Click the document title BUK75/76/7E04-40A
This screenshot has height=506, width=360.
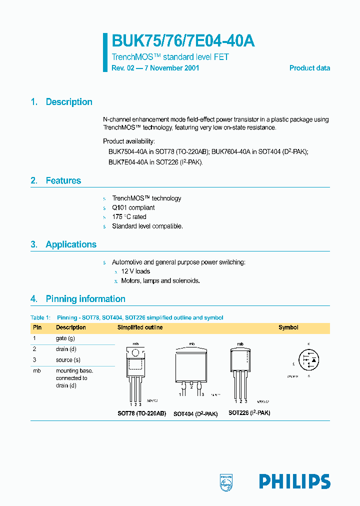pyautogui.click(x=183, y=41)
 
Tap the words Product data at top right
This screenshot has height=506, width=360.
pyautogui.click(x=309, y=68)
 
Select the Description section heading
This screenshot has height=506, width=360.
pyautogui.click(x=69, y=102)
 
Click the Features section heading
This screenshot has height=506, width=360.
pyautogui.click(x=63, y=180)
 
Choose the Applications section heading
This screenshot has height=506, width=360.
pyautogui.click(x=71, y=244)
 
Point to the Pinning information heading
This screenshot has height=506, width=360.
pyautogui.click(x=85, y=299)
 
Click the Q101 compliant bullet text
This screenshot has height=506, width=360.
pyautogui.click(x=133, y=207)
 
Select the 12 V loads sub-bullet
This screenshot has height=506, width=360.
pyautogui.click(x=135, y=271)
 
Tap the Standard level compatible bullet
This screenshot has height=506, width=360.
pyautogui.click(x=147, y=226)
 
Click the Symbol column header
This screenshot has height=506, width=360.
pyautogui.click(x=288, y=327)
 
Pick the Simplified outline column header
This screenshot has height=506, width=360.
pyautogui.click(x=140, y=327)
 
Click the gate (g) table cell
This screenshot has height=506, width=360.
pyautogui.click(x=65, y=338)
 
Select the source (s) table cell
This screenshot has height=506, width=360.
pyautogui.click(x=68, y=360)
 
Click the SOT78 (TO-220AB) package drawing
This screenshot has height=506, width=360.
pyautogui.click(x=135, y=372)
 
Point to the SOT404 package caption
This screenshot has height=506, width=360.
pyautogui.click(x=195, y=414)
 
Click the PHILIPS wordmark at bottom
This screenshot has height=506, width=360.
pyautogui.click(x=294, y=481)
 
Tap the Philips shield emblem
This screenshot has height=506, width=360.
pyautogui.click(x=226, y=481)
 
